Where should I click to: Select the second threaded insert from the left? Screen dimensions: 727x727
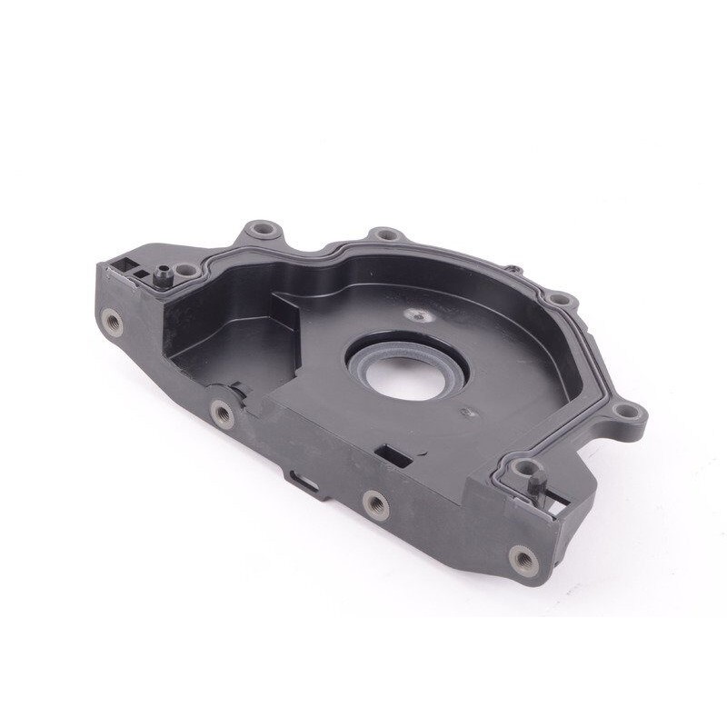(219, 415)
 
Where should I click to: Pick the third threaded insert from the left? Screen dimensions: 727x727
(371, 502)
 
